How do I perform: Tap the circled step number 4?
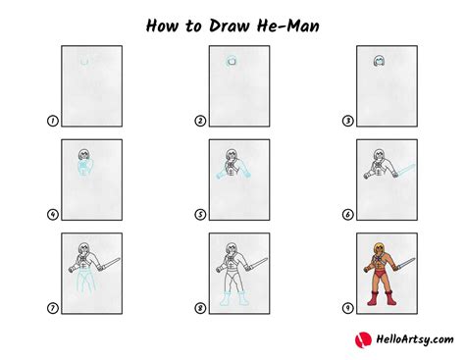pos(51,215)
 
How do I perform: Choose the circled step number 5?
pos(200,215)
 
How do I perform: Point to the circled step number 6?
pos(348,215)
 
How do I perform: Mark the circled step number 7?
pos(51,308)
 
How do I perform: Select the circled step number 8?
pos(200,308)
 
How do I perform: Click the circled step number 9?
pos(348,308)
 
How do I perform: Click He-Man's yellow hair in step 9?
pos(377,245)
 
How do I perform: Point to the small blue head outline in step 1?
pos(85,62)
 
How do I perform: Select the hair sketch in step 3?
pos(377,61)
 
